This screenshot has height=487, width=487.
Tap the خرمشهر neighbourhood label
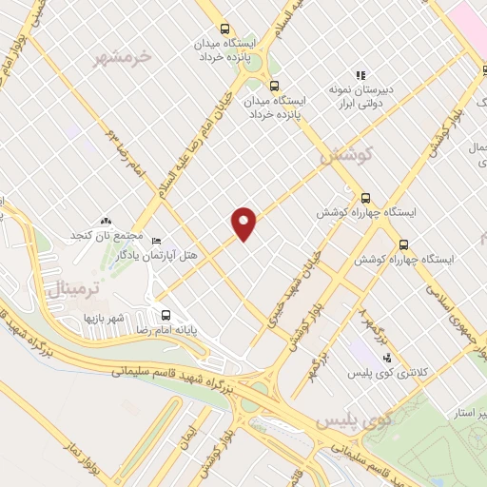[123, 58]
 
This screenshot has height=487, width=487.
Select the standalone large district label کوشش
[345, 153]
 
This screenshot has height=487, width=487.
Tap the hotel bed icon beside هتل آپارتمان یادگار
[156, 241]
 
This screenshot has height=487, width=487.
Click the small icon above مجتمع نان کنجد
[105, 222]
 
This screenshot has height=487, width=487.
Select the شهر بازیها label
[106, 317]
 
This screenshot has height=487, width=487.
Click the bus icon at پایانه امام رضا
[166, 315]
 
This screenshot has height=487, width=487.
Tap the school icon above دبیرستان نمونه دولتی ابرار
[360, 74]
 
